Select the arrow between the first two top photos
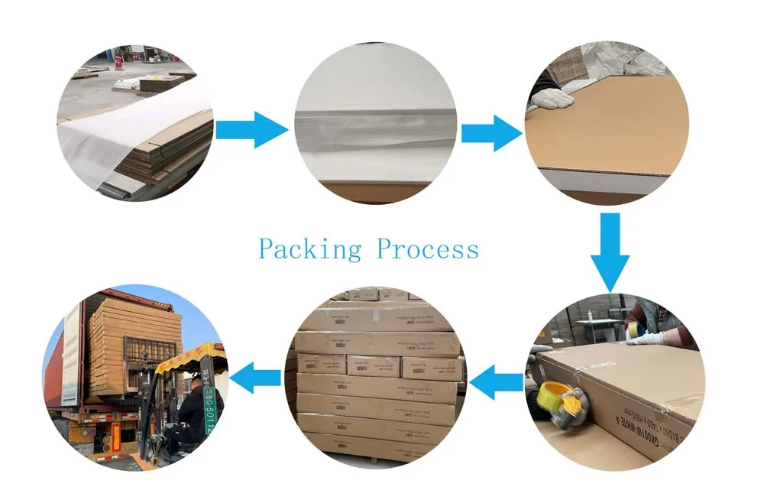pyautogui.click(x=252, y=131)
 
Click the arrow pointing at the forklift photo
pyautogui.click(x=255, y=377)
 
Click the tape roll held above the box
pyautogui.click(x=633, y=329)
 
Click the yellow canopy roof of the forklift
pyautogui.click(x=187, y=356)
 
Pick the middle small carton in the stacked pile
pyautogui.click(x=374, y=366)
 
